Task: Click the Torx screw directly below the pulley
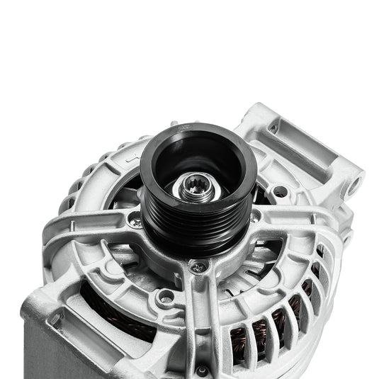coord(200,267)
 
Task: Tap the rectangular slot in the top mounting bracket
coord(273,130)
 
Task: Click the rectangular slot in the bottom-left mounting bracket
coord(53,319)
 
